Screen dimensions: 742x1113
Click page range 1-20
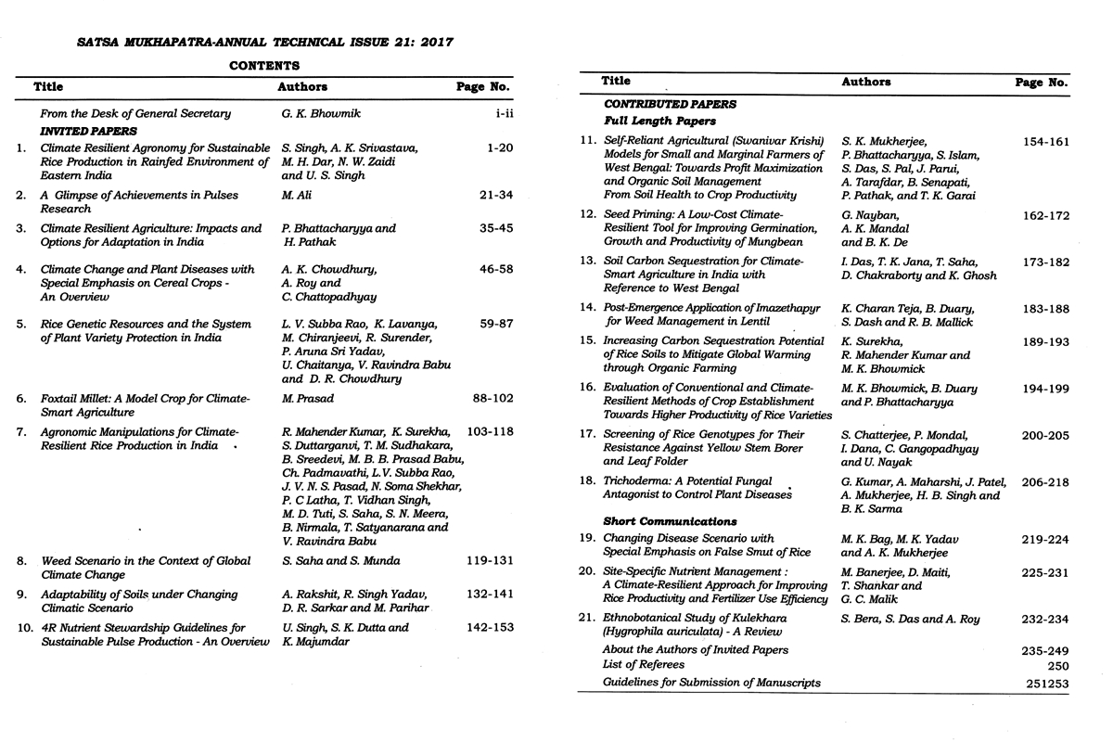(497, 148)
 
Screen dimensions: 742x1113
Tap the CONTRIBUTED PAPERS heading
(670, 105)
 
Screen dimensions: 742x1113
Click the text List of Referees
(644, 665)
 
